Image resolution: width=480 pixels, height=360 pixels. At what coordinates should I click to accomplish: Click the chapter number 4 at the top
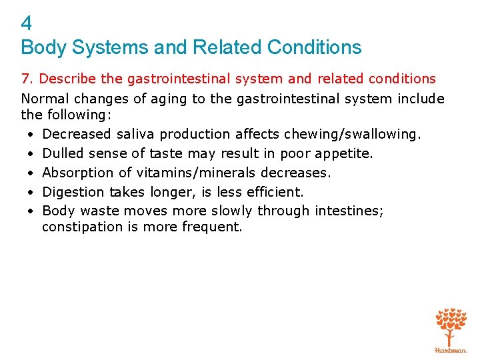pyautogui.click(x=27, y=24)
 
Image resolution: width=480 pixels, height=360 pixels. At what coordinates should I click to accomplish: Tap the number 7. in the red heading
pyautogui.click(x=28, y=79)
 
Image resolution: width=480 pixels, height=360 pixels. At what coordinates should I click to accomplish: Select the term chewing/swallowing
pyautogui.click(x=353, y=134)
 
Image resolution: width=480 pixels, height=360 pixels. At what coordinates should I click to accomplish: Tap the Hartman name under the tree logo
pyautogui.click(x=451, y=349)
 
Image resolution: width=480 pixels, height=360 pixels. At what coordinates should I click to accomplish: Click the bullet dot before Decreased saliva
pyautogui.click(x=31, y=134)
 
